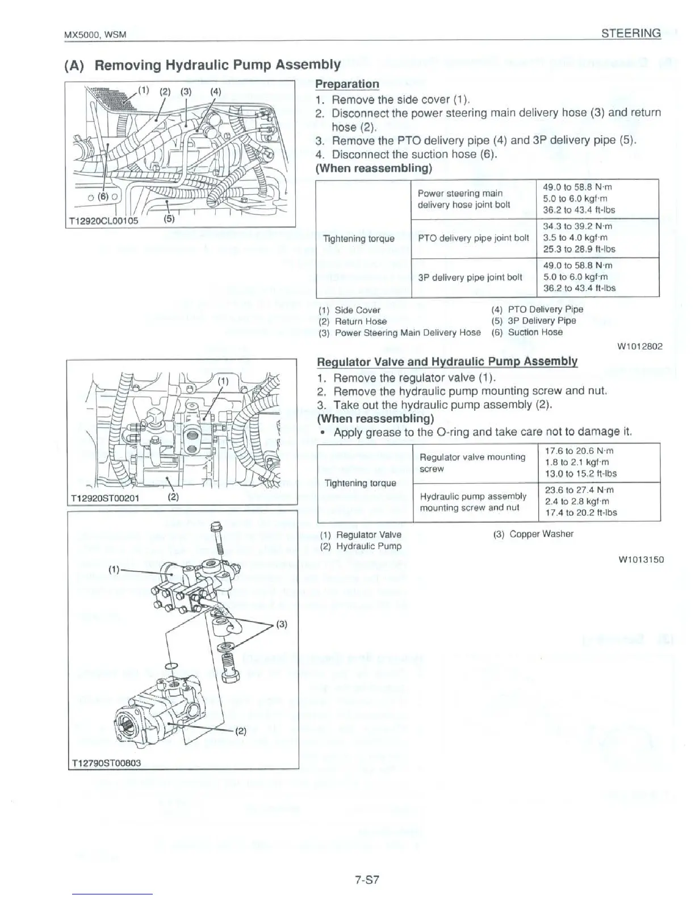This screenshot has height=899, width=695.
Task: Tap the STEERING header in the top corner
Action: pyautogui.click(x=631, y=33)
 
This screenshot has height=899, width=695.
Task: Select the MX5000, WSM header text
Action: pyautogui.click(x=94, y=35)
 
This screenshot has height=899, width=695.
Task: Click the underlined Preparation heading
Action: pyautogui.click(x=347, y=84)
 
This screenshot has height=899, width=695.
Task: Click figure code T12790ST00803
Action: pyautogui.click(x=105, y=762)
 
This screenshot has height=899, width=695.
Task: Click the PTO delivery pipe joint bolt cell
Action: pyautogui.click(x=473, y=238)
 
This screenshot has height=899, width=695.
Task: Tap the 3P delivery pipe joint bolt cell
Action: pyautogui.click(x=470, y=278)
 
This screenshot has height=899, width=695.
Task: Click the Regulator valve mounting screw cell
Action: pyautogui.click(x=472, y=463)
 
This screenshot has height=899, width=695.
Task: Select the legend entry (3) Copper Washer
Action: pyautogui.click(x=533, y=534)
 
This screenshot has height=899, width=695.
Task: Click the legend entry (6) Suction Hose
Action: pyautogui.click(x=527, y=332)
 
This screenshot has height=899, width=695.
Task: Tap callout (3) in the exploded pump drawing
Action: pyautogui.click(x=282, y=625)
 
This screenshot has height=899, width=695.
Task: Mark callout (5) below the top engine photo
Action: pyautogui.click(x=169, y=217)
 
